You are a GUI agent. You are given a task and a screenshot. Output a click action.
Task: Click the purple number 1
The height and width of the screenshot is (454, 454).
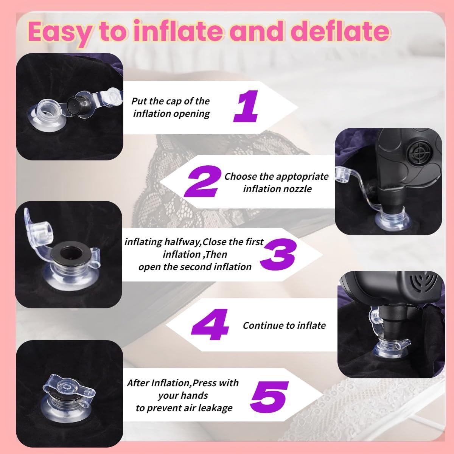pos(246,106)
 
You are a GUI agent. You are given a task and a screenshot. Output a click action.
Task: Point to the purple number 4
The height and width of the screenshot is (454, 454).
pos(210,324)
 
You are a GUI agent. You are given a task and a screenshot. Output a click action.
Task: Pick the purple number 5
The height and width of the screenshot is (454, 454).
pos(269,397)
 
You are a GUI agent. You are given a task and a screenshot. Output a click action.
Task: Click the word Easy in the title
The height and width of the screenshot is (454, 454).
pos(60,33)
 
